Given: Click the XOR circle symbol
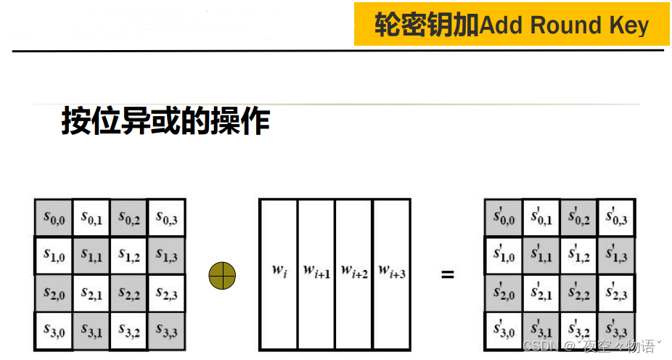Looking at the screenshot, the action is click(223, 275).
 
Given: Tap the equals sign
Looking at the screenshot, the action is click(448, 275).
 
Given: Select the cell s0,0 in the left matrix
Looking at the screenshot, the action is click(53, 217).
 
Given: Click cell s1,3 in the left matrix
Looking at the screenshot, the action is click(166, 255).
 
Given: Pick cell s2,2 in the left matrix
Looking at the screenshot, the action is click(128, 294).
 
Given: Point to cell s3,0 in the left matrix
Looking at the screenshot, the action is click(53, 332).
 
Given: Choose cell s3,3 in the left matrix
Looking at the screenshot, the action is click(166, 332).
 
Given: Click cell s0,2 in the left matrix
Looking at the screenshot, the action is click(128, 217).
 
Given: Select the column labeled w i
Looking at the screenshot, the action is click(278, 275).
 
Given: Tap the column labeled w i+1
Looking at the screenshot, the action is click(316, 275).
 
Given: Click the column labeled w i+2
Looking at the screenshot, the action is click(353, 275).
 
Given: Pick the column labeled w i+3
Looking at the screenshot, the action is click(392, 275).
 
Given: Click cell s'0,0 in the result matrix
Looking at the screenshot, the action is click(503, 217).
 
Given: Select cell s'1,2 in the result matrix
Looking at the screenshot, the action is click(578, 255).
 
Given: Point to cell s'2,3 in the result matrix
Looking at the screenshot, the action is click(616, 294).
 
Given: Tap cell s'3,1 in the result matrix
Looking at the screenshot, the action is click(541, 332).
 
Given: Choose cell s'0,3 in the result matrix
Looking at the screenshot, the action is click(616, 217).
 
